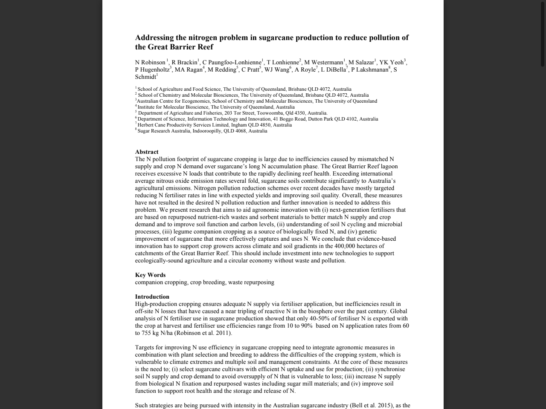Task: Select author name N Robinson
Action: [x=150, y=63]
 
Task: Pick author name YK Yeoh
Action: [x=391, y=63]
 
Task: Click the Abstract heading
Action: [x=147, y=152]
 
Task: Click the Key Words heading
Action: [x=150, y=275]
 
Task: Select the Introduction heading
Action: [x=152, y=297]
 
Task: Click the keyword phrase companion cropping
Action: [x=161, y=282]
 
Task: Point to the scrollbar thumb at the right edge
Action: [x=543, y=34]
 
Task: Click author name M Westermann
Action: [x=324, y=63]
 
